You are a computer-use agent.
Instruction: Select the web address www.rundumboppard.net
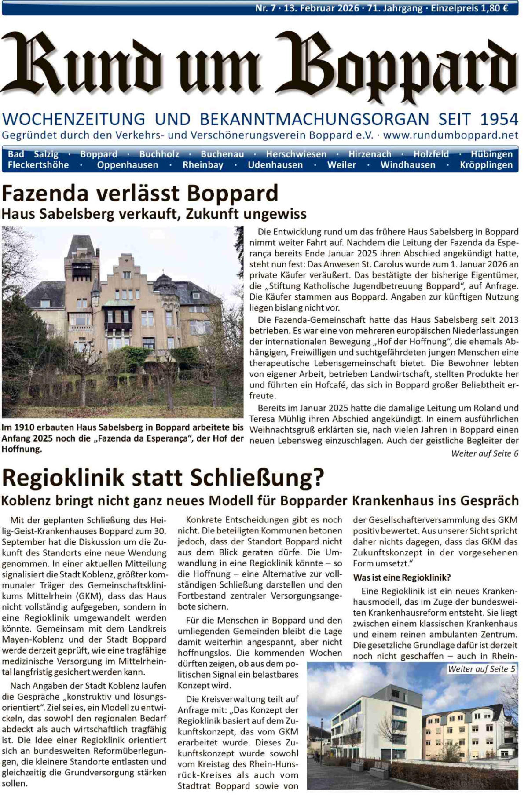(451, 135)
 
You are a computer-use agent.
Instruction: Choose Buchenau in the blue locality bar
(222, 154)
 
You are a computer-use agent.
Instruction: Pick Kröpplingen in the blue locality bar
(486, 165)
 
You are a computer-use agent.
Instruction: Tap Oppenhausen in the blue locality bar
(128, 165)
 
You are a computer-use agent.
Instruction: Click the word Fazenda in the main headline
(48, 193)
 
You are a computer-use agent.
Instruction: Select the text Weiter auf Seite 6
(484, 453)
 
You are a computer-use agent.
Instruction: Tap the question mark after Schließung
(318, 478)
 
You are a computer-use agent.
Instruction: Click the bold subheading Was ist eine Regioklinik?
(402, 577)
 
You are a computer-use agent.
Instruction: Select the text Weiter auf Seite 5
(481, 669)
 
